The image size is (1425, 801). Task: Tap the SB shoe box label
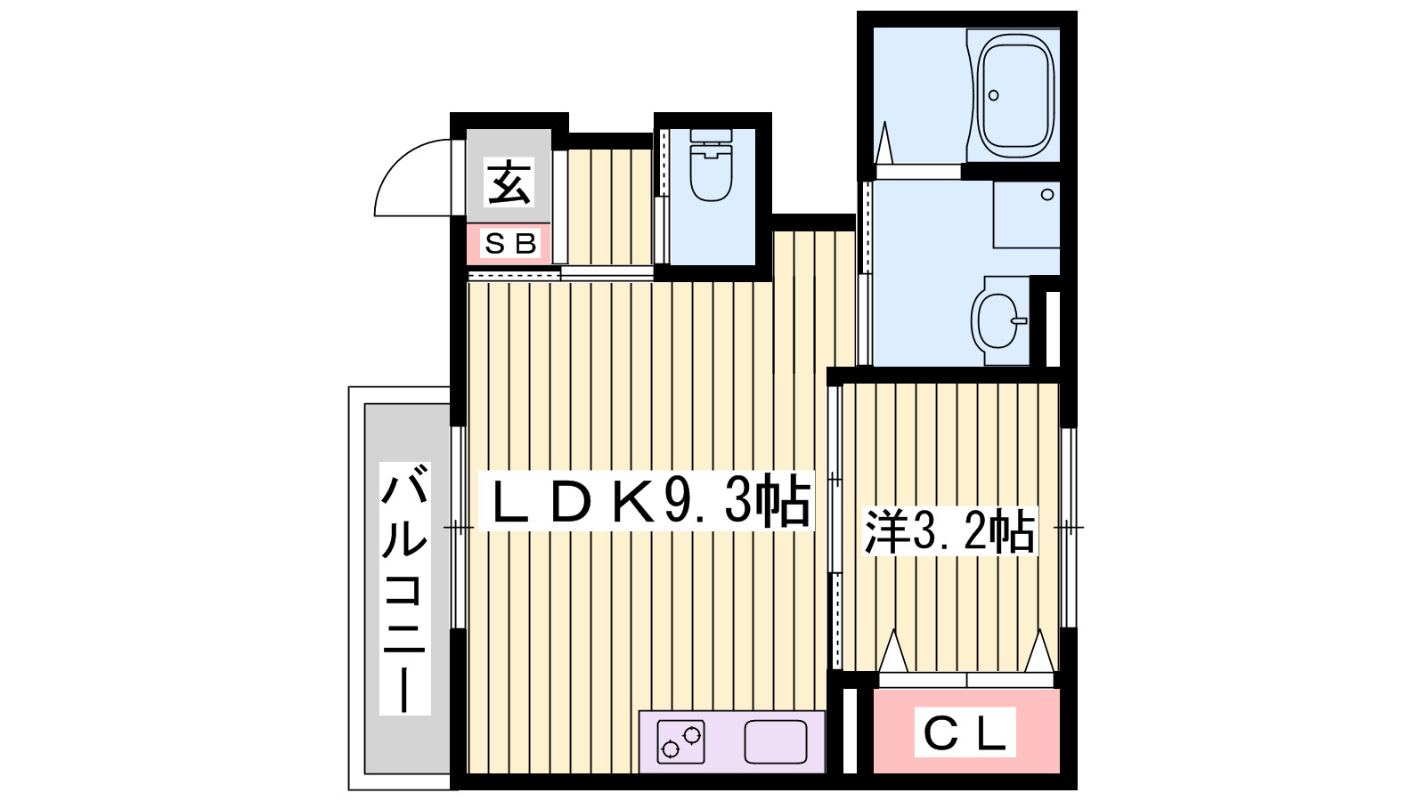[510, 243]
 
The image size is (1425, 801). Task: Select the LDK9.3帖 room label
[647, 501]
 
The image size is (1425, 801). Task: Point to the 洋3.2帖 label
[949, 531]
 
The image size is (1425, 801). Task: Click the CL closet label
[965, 733]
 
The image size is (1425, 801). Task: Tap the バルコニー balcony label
[404, 587]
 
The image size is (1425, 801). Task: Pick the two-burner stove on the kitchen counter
[681, 741]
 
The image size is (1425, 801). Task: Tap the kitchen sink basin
[775, 741]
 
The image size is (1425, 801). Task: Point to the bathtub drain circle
[994, 95]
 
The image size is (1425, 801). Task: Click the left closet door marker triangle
[892, 651]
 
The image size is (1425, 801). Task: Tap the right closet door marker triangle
[1038, 651]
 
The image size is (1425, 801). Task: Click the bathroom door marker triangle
[884, 142]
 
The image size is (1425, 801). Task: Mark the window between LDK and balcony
[458, 528]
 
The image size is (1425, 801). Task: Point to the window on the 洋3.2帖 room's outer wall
[1068, 528]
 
